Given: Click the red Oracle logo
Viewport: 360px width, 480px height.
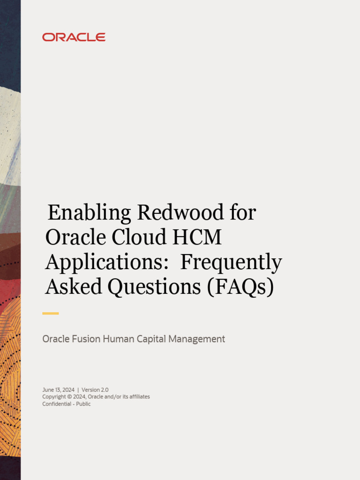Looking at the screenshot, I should (x=74, y=37).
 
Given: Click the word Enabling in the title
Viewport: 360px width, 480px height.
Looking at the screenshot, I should (x=90, y=213).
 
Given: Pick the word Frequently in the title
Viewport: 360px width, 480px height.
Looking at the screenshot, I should (x=231, y=263).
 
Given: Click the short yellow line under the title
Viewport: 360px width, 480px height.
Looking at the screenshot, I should (x=51, y=313).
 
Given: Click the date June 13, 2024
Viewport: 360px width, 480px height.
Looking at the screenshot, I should (x=58, y=390).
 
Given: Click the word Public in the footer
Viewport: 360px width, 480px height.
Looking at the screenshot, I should (x=83, y=404).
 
